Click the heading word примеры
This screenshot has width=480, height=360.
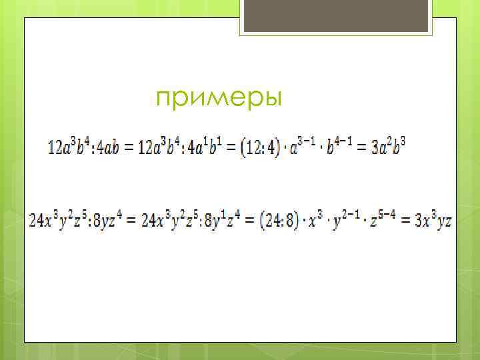tap(219, 99)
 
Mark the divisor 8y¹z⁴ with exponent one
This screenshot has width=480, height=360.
tap(224, 219)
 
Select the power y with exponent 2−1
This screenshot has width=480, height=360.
tap(351, 219)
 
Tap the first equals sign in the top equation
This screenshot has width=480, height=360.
tap(128, 146)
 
